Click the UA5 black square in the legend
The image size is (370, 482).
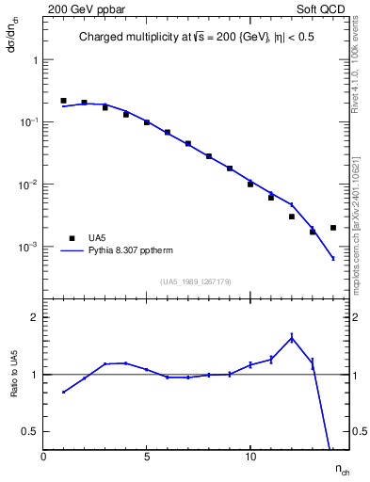(68, 238)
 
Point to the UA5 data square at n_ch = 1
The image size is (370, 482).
(63, 101)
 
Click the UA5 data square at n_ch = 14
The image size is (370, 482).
(333, 227)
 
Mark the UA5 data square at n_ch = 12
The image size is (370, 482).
(292, 217)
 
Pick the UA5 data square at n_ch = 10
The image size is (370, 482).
(250, 184)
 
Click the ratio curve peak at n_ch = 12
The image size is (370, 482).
(292, 337)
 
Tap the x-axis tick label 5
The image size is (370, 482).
(147, 457)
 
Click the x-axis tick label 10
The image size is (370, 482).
(250, 457)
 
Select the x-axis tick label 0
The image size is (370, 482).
(43, 457)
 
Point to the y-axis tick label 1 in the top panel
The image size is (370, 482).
(35, 59)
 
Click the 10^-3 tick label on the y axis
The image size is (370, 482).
(28, 247)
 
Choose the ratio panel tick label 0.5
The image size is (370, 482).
(30, 431)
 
